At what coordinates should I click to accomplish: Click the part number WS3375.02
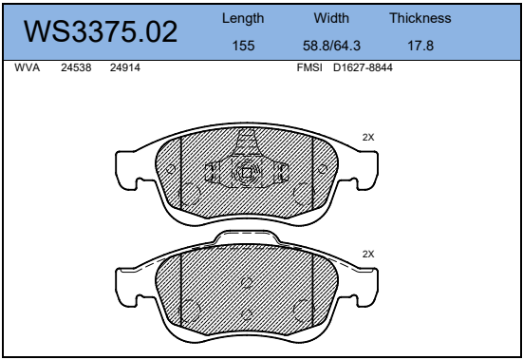[101, 31]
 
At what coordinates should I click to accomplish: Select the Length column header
[243, 19]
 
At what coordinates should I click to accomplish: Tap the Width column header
[331, 18]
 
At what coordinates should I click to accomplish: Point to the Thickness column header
[420, 18]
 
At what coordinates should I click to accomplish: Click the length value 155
[243, 46]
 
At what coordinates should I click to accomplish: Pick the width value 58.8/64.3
[331, 46]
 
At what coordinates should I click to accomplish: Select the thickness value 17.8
[420, 46]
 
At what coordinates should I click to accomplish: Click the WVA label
[27, 67]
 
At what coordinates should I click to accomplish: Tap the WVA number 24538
[76, 67]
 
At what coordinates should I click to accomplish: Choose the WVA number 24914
[125, 67]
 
